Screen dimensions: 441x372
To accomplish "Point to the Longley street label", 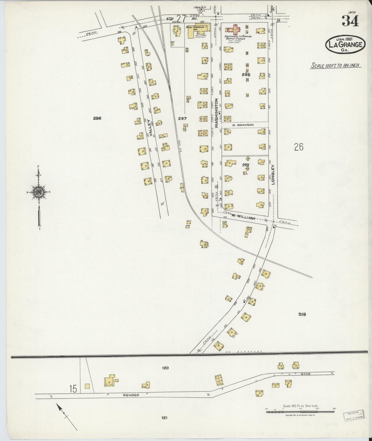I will pyautogui.click(x=273, y=175).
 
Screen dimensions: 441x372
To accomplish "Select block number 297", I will pyautogui.click(x=182, y=118).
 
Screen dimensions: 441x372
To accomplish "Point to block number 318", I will pyautogui.click(x=302, y=314).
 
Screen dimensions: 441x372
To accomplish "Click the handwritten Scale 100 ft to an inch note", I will pyautogui.click(x=335, y=65).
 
